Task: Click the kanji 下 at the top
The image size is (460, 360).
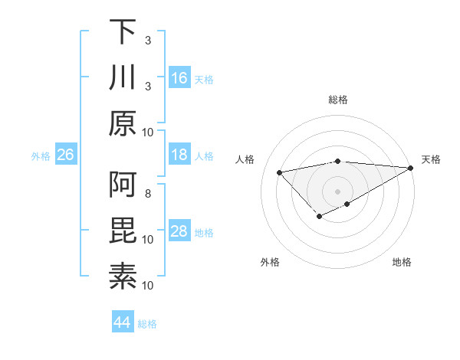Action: [123, 31]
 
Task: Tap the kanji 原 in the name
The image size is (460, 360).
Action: [123, 123]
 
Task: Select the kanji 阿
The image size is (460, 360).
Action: [123, 185]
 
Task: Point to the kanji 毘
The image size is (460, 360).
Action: [123, 231]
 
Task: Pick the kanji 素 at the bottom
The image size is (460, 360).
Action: [123, 277]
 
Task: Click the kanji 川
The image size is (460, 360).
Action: [123, 77]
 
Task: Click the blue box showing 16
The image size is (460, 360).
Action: [179, 78]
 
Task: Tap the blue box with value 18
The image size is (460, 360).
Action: [179, 155]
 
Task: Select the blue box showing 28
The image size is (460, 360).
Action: [179, 231]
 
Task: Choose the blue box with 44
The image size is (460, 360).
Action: [123, 322]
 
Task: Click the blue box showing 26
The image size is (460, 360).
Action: [66, 155]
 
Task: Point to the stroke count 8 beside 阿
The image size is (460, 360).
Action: [148, 193]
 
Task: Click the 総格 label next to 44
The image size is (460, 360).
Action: [147, 324]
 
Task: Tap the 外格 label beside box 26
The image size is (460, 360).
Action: [41, 156]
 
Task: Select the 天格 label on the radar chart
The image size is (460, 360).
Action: [431, 159]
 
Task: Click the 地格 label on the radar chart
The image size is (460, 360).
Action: [402, 262]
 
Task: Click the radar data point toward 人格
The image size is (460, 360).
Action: [280, 172]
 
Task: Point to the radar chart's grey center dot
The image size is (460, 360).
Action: [337, 190]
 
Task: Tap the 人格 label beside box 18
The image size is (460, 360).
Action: [204, 156]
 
